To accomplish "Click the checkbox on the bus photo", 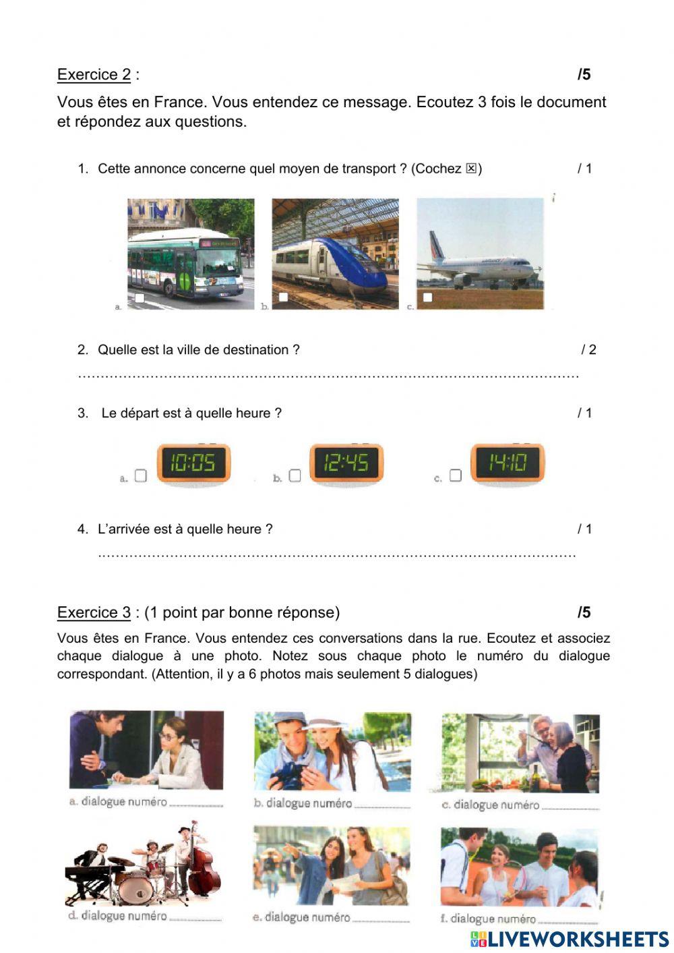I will pos(140,297).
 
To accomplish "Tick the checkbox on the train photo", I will pos(283,297).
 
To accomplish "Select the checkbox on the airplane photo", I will pos(427,297).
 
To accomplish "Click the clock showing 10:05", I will pos(193,463).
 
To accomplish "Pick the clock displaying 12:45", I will pos(346,463).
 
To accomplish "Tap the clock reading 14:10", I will pos(508,463).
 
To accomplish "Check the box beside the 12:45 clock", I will pos(295,475).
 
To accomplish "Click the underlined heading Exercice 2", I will pos(94,75).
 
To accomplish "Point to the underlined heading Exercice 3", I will pos(94,612).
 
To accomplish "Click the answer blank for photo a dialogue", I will pos(195,803).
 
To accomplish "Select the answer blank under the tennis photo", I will pos(568,919).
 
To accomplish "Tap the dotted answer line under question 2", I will pos(328,375).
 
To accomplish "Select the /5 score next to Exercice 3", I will pos(584,612).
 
